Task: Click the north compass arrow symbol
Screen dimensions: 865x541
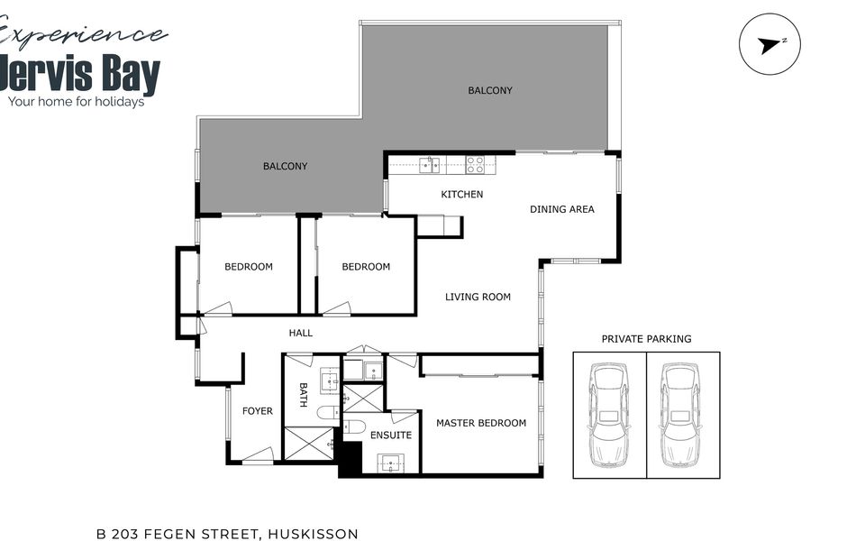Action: tap(769, 45)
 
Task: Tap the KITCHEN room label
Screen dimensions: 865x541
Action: tap(461, 195)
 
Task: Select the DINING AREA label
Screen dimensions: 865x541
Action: tap(561, 209)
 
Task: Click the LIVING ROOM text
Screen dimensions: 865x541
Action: tap(478, 297)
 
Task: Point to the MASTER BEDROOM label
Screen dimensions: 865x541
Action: tap(481, 424)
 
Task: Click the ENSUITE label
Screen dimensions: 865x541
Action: tap(390, 436)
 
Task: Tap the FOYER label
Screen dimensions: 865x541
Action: tap(257, 411)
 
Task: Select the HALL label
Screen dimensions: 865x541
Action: tap(301, 333)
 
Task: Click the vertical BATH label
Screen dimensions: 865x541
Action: tap(303, 395)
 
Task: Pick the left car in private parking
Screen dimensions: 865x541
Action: tap(609, 415)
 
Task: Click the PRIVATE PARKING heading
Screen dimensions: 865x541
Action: tap(646, 339)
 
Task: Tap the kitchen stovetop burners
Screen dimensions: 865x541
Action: tap(476, 165)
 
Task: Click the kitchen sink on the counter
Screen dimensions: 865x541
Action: tap(429, 165)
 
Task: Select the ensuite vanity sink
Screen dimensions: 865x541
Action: tap(391, 463)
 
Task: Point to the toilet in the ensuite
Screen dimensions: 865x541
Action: tap(354, 426)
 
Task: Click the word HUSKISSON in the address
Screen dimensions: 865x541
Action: tap(313, 535)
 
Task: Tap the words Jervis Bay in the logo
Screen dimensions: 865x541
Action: tap(80, 73)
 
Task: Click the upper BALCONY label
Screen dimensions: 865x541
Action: tap(490, 90)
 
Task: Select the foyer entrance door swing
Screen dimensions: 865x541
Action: tap(259, 454)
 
